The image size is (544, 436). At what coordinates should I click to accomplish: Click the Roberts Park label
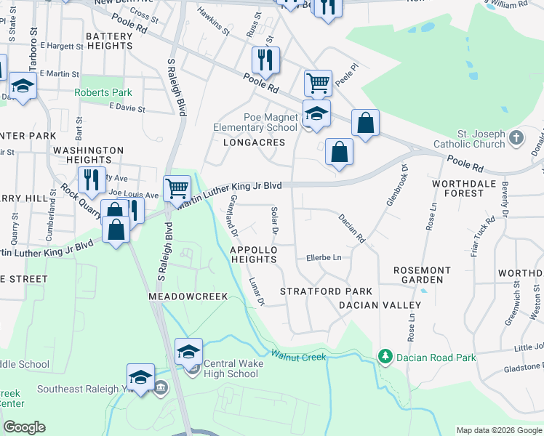click(103, 93)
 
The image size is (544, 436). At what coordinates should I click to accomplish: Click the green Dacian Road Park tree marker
click(384, 356)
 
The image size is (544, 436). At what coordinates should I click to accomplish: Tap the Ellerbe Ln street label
click(324, 257)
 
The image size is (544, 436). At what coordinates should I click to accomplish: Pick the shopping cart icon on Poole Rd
click(318, 84)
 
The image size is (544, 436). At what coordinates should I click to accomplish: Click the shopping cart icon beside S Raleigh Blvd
click(177, 189)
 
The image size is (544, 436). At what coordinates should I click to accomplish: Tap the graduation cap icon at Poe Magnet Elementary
click(316, 113)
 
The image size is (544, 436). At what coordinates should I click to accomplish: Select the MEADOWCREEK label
click(188, 296)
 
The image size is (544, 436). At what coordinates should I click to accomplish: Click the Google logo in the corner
click(24, 427)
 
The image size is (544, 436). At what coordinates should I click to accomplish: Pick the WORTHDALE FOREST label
click(468, 188)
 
